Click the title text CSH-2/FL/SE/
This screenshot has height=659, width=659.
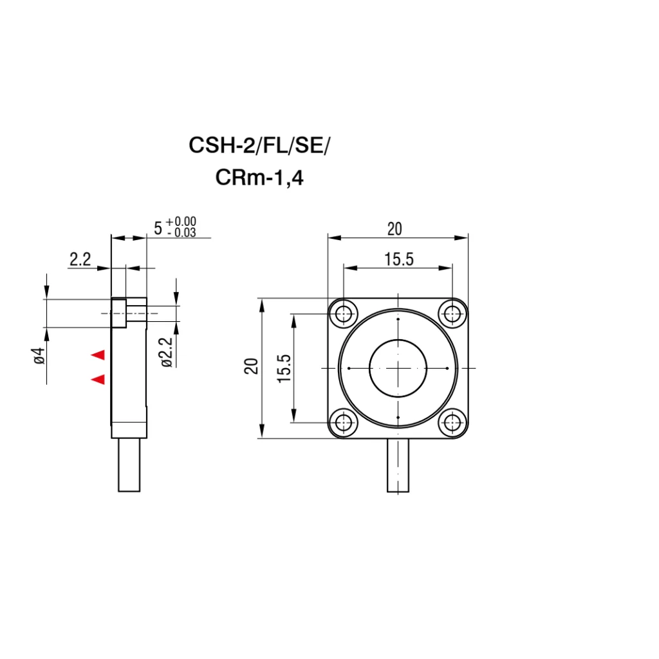[259, 145]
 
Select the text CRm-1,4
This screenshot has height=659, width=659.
[259, 178]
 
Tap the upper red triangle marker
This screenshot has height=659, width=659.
[98, 355]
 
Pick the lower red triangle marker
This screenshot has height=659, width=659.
[98, 379]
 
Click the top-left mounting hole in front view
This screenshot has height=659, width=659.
[344, 313]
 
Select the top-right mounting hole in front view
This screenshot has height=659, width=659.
[452, 313]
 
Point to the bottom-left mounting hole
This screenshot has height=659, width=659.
[344, 422]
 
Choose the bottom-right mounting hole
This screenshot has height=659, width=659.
[452, 422]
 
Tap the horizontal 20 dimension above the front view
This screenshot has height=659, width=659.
[394, 229]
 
